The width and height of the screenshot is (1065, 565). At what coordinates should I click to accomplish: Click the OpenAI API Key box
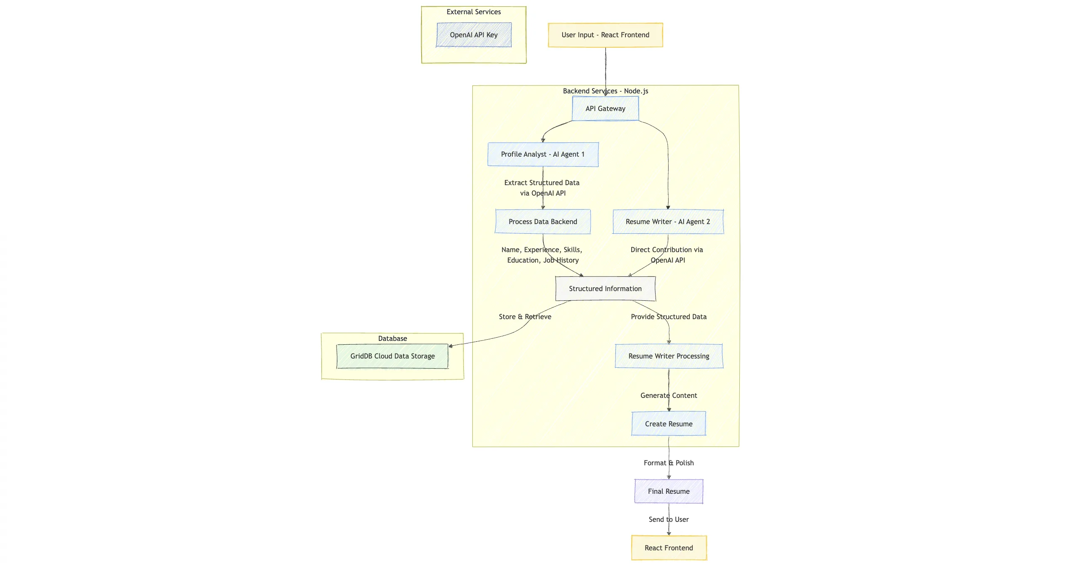point(473,35)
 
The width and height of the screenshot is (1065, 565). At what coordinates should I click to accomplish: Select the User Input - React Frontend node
point(605,35)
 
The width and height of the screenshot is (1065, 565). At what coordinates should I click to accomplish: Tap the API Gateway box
point(605,108)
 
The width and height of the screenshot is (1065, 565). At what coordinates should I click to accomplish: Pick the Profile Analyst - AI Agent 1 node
point(543,154)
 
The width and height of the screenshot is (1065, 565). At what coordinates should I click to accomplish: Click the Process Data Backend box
point(543,222)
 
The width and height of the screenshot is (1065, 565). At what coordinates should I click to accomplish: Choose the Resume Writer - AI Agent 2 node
point(668,222)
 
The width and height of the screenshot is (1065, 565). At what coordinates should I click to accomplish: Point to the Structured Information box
point(605,289)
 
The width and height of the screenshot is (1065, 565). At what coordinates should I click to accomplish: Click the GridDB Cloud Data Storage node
point(392,356)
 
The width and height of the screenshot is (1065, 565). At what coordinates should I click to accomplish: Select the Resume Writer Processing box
point(669,356)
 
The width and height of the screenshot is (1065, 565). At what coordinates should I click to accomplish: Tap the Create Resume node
point(669,424)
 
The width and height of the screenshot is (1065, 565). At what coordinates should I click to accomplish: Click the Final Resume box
point(669,491)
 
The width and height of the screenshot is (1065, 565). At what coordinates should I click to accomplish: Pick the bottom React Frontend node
point(669,548)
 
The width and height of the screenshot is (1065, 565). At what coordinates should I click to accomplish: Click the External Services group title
point(473,12)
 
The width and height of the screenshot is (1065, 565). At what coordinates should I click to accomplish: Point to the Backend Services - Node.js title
point(605,91)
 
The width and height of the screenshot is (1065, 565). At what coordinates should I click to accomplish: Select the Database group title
point(392,338)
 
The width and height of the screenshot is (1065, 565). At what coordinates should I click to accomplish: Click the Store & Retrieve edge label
point(525,317)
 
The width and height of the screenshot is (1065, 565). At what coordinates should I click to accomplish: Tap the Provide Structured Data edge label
point(669,317)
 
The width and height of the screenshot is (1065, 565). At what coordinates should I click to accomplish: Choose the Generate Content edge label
point(669,395)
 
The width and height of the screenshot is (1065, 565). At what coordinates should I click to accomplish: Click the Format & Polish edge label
point(669,463)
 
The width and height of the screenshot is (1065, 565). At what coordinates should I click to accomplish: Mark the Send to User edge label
point(669,519)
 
